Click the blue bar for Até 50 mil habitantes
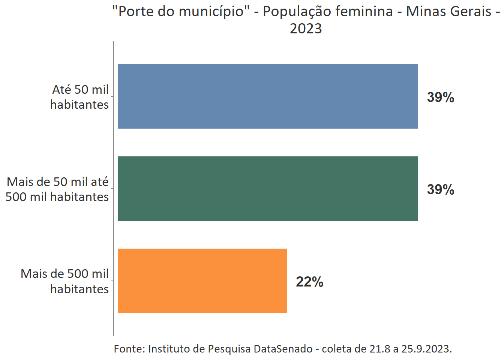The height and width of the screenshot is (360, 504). pyautogui.click(x=267, y=96)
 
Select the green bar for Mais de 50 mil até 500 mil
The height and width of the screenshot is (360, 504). pyautogui.click(x=267, y=189)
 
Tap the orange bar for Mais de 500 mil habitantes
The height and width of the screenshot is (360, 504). pyautogui.click(x=202, y=281)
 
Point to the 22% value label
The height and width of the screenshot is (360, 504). pyautogui.click(x=309, y=282)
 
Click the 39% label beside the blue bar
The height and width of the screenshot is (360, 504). pyautogui.click(x=440, y=97)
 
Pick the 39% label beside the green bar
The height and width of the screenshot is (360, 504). pyautogui.click(x=440, y=189)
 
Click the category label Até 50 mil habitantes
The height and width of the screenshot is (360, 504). pyautogui.click(x=79, y=97)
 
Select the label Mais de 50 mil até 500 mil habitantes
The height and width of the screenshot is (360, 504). pyautogui.click(x=57, y=189)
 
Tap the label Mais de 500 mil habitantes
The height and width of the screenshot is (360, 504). pyautogui.click(x=65, y=281)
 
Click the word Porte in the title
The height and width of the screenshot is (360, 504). pyautogui.click(x=135, y=12)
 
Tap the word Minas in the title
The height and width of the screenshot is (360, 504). pyautogui.click(x=425, y=12)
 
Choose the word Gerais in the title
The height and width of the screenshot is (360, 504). pyautogui.click(x=470, y=12)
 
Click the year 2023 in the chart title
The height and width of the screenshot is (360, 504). pyautogui.click(x=306, y=29)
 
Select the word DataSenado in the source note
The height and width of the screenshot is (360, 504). pyautogui.click(x=283, y=349)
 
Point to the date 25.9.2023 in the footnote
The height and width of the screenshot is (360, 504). pyautogui.click(x=426, y=349)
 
